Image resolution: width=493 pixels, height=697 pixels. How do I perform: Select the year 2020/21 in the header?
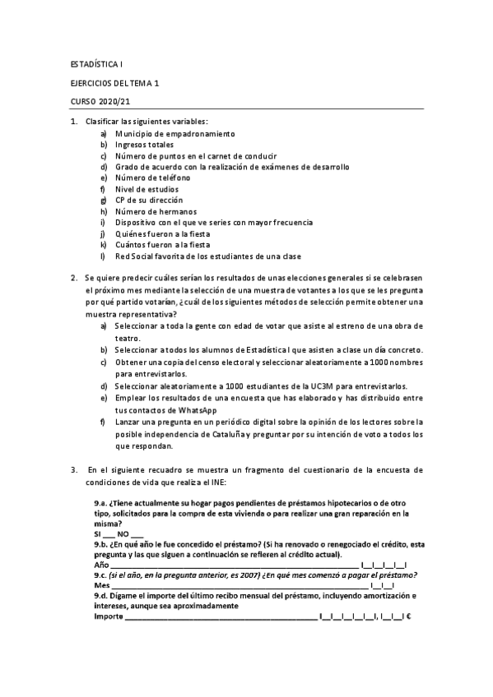click(x=114, y=102)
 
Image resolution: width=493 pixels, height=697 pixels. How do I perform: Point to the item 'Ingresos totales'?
click(x=144, y=145)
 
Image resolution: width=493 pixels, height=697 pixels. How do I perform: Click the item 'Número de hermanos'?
click(x=150, y=211)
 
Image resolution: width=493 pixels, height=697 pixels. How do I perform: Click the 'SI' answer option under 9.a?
click(x=99, y=533)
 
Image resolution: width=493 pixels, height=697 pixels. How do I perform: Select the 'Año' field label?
click(x=102, y=565)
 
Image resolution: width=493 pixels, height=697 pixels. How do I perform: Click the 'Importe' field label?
click(x=108, y=616)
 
